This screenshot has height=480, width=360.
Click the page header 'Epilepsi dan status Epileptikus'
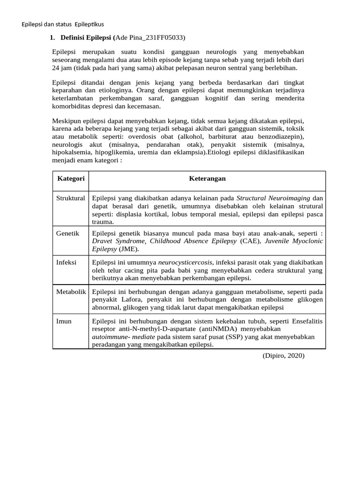pyautogui.click(x=63, y=24)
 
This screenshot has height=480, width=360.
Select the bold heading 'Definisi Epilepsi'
pyautogui.click(x=87, y=37)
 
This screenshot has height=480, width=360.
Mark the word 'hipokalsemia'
pyautogui.click(x=71, y=152)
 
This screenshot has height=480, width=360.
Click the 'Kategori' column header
pyautogui.click(x=71, y=179)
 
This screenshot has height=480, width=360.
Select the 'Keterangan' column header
pyautogui.click(x=207, y=179)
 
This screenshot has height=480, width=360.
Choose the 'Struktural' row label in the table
pyautogui.click(x=71, y=198)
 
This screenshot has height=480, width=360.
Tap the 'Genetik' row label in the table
pyautogui.click(x=68, y=233)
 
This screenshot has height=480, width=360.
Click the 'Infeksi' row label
pyautogui.click(x=67, y=262)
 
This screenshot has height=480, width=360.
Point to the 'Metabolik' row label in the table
pyautogui.click(x=71, y=292)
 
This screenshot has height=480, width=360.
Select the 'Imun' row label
pyautogui.click(x=64, y=321)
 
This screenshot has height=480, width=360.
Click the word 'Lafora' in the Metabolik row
pyautogui.click(x=123, y=300)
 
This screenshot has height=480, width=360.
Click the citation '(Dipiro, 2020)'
pyautogui.click(x=283, y=356)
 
